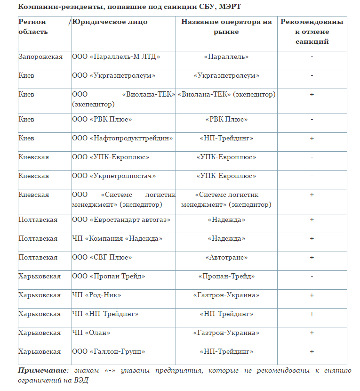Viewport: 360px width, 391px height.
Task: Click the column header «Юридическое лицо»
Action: pos(110,22)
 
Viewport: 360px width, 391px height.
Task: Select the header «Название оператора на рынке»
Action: pos(226,27)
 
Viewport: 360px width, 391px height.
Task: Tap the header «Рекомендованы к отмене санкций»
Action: pos(312,32)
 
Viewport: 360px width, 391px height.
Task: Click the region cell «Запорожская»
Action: pos(40,57)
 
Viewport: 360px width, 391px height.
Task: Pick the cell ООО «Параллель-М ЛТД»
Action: pos(116,57)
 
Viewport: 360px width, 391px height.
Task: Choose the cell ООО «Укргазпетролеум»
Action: pos(114,75)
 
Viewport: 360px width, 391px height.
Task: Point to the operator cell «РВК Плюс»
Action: pos(226,119)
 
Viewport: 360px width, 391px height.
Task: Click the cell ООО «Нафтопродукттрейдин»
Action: pos(122,138)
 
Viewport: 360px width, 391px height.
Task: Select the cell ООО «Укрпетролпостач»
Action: pos(114,176)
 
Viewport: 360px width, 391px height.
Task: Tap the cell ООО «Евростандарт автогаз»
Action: pos(121,220)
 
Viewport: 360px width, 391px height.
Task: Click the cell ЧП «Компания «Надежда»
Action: pos(117,238)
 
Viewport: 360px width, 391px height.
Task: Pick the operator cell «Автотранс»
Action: pos(226,257)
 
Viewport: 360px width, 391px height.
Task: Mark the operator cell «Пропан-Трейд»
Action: pos(226,276)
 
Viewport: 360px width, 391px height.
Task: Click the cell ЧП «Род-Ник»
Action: pos(96,295)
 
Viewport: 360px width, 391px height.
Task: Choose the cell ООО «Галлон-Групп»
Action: pos(109,351)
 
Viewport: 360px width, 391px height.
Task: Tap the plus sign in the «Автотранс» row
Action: pos(312,257)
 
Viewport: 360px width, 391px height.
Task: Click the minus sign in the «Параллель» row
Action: pos(312,57)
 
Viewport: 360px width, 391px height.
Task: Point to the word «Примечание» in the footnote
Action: pos(41,370)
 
